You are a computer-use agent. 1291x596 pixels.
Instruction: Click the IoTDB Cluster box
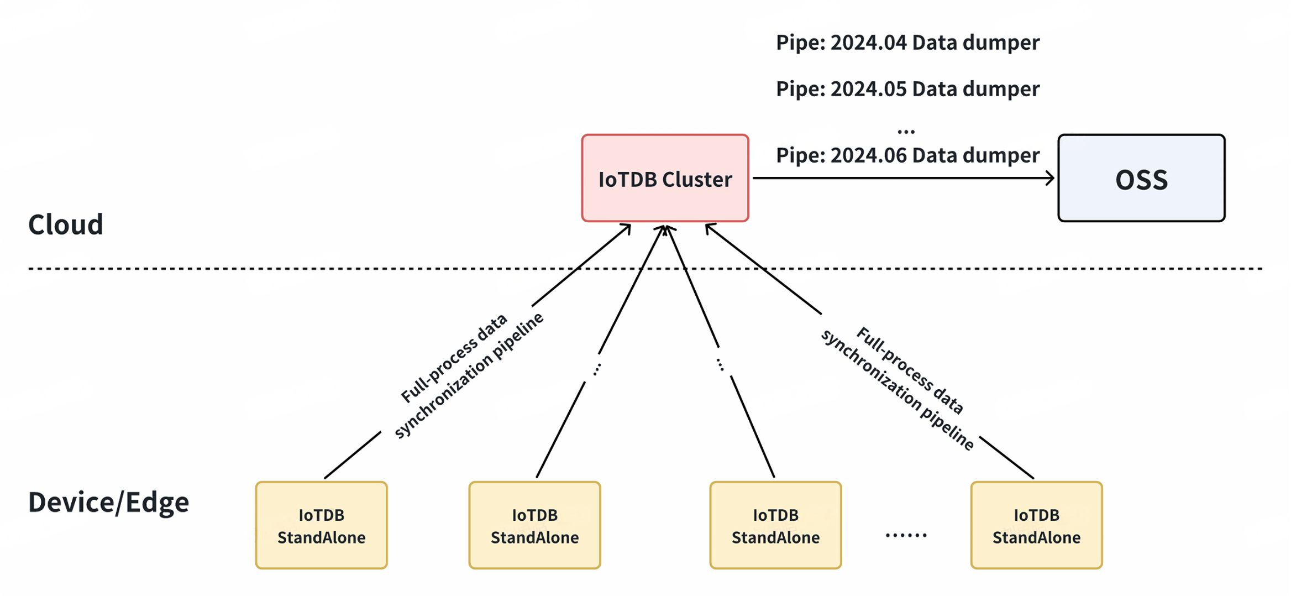pyautogui.click(x=665, y=178)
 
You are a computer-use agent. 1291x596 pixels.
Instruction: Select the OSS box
pyautogui.click(x=1141, y=178)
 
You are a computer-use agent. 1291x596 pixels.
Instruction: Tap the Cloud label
pyautogui.click(x=66, y=224)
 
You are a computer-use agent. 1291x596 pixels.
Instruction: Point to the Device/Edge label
pyautogui.click(x=109, y=502)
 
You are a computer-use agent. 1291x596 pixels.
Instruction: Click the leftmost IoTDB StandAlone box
pyautogui.click(x=321, y=525)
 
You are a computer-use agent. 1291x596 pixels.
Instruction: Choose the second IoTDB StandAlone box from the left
pyautogui.click(x=534, y=525)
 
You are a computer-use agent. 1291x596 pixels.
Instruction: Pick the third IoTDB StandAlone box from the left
pyautogui.click(x=775, y=525)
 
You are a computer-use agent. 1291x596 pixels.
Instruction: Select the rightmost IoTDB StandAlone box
pyautogui.click(x=1036, y=525)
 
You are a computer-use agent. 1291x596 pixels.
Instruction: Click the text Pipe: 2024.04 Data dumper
pyautogui.click(x=907, y=43)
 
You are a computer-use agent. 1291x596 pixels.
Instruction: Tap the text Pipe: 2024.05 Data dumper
pyautogui.click(x=907, y=89)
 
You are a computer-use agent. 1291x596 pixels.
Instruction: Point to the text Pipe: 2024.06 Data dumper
pyautogui.click(x=907, y=155)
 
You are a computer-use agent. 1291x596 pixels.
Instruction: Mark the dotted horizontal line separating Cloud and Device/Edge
pyautogui.click(x=387, y=269)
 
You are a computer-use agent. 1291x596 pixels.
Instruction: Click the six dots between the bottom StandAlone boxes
pyautogui.click(x=906, y=535)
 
